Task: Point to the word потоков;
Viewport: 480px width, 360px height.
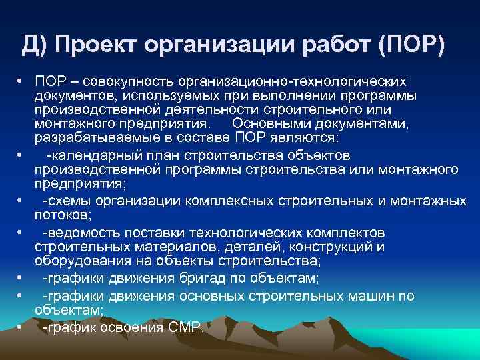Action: [x=61, y=215]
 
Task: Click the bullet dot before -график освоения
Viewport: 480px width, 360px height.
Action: [x=21, y=327]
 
